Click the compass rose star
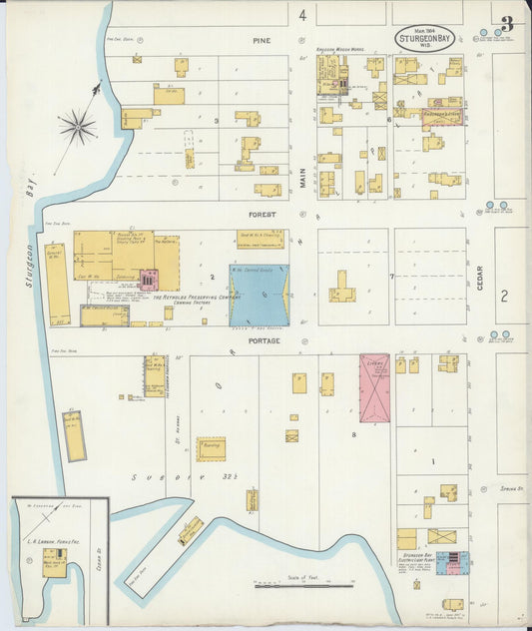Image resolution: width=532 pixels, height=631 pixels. click(x=77, y=126)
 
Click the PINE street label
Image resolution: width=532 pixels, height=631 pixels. click(x=262, y=41)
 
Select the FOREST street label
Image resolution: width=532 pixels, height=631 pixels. click(x=262, y=213)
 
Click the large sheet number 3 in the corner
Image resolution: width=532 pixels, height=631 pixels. click(x=507, y=23)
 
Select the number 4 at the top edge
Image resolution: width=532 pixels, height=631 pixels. click(x=301, y=14)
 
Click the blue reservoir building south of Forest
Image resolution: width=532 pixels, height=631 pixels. click(x=260, y=295)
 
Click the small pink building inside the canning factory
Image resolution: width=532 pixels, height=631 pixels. click(x=148, y=280)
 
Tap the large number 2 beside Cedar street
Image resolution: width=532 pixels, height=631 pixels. click(x=504, y=296)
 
